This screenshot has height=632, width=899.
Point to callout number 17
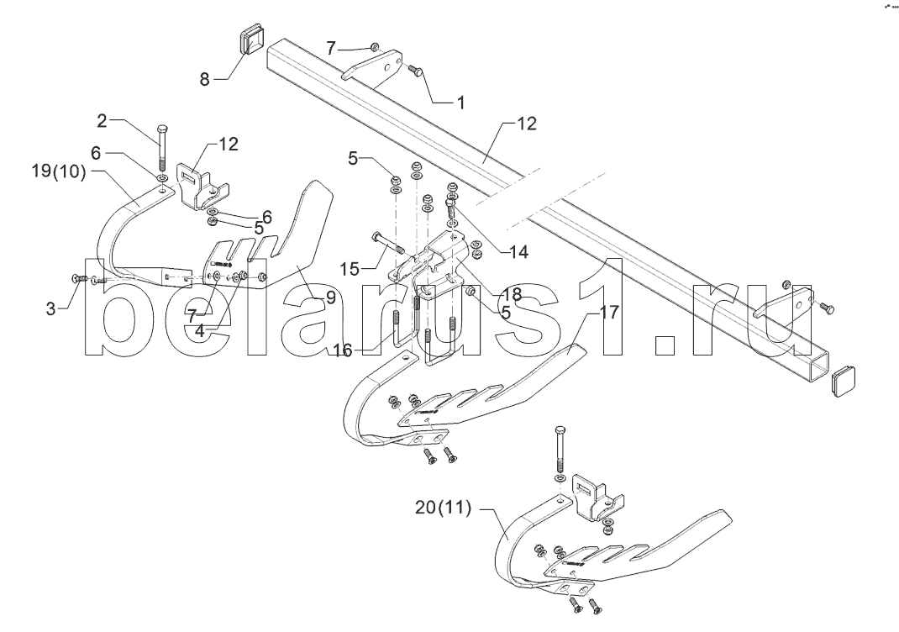point(609,313)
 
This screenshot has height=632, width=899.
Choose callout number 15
point(350,269)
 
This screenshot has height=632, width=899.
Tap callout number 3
point(51,309)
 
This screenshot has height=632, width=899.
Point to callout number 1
point(459,103)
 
